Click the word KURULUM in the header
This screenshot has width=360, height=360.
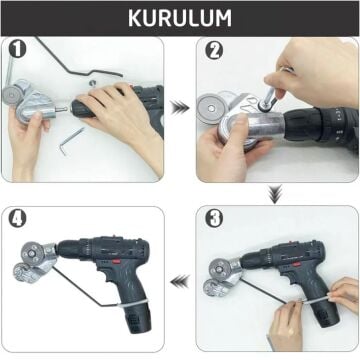[x=180, y=18]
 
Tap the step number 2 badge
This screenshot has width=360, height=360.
[x=214, y=49]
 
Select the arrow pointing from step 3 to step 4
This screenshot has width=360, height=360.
[x=179, y=282]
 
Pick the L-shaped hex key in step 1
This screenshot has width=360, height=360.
[x=71, y=141]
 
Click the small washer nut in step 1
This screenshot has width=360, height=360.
[x=92, y=83]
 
